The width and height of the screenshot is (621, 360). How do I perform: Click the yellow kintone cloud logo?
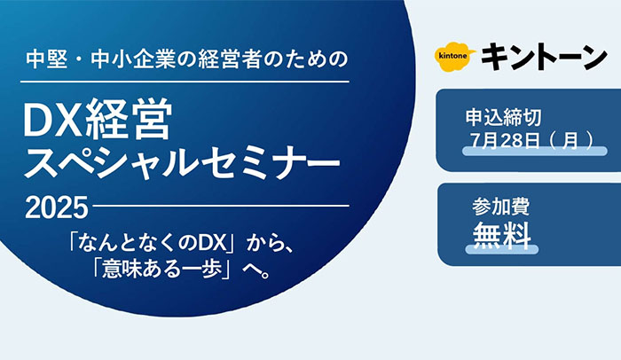pos(455,56)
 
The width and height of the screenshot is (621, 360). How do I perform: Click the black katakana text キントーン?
pos(544,57)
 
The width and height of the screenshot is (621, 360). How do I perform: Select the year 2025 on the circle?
pos(56,207)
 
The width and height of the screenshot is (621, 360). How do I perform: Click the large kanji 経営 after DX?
pos(130,119)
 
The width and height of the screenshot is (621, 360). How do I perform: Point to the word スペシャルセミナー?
pos(182,162)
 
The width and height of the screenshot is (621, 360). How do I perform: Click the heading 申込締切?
pos(503,118)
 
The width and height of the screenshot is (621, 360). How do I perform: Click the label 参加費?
pos(500,207)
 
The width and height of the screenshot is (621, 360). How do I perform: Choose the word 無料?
pos(502,235)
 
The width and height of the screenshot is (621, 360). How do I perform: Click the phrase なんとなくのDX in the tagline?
pos(153,243)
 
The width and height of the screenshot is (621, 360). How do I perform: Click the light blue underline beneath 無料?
pos(502,249)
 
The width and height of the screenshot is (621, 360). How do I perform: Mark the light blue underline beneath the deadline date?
pos(535,151)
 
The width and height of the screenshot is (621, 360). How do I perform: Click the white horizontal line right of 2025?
pos(221,206)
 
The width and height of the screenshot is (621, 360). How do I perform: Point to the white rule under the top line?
pos(185,82)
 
